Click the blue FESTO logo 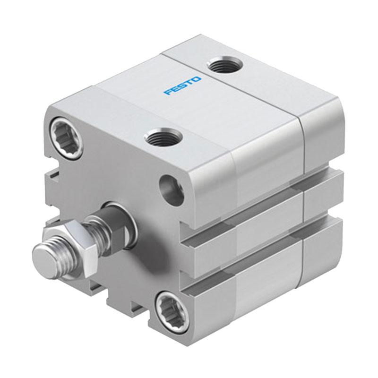pos(182,86)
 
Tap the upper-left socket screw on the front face pos(66,137)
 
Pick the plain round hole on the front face pos(172,189)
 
